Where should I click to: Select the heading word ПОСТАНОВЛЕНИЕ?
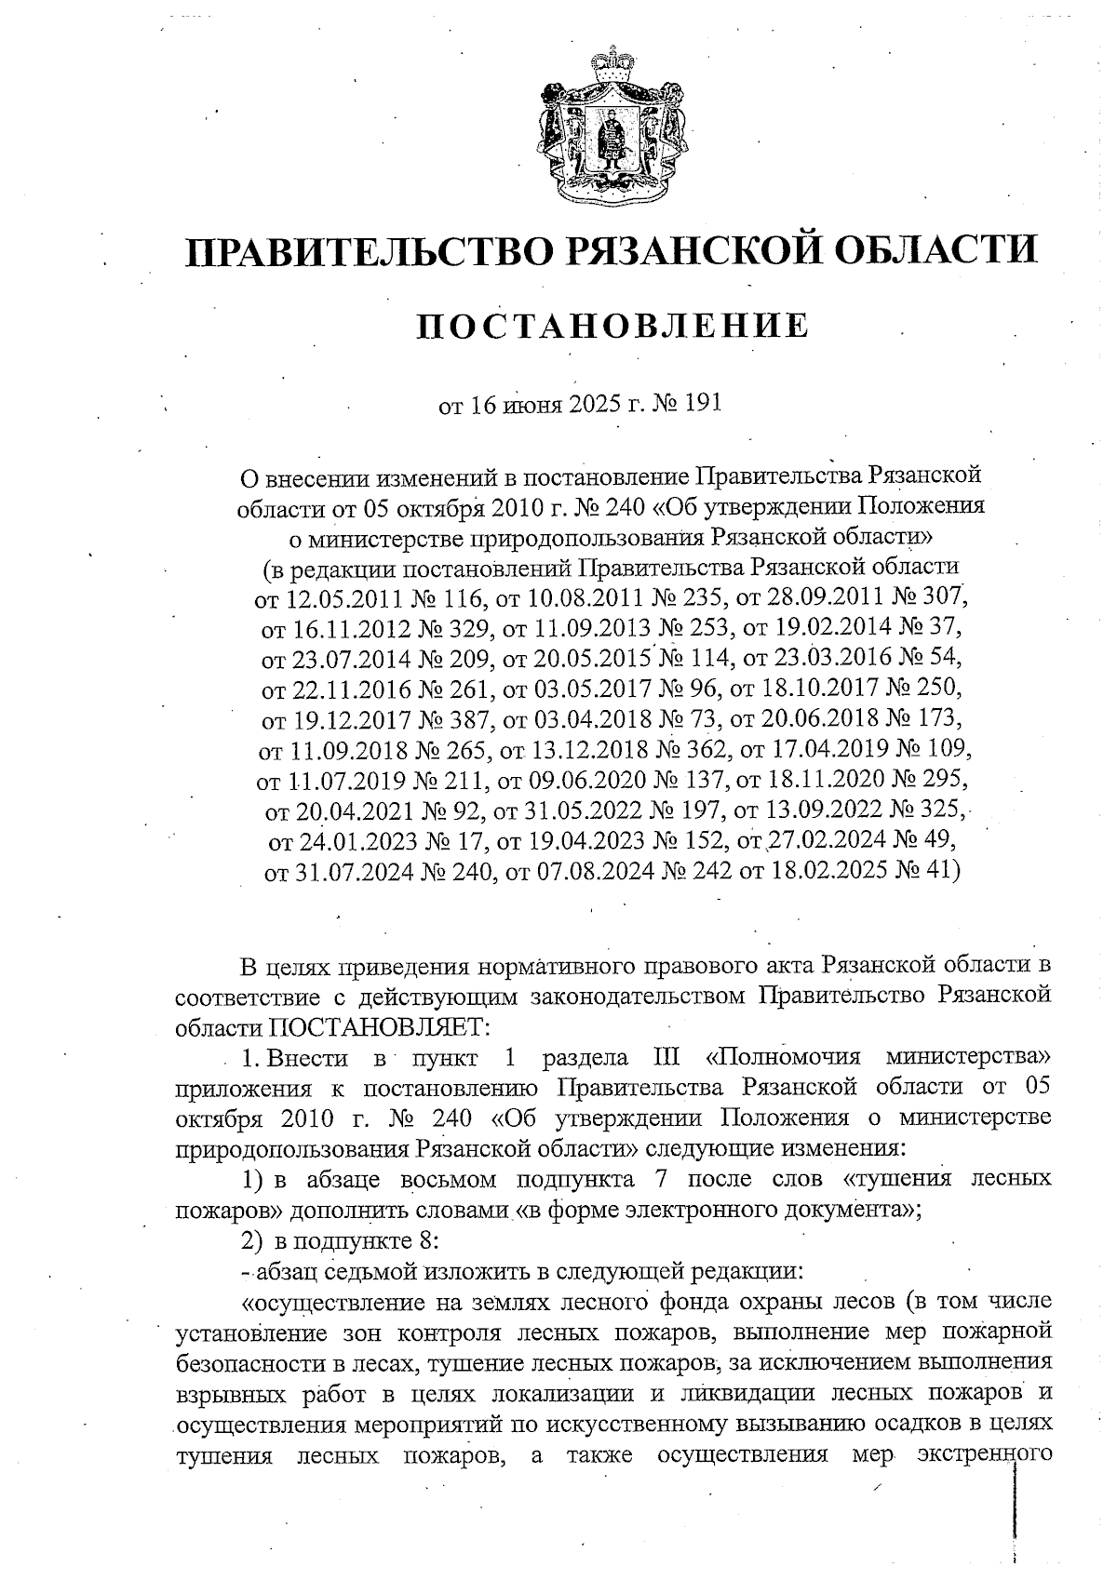pos(610,327)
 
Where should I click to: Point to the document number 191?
pos(703,404)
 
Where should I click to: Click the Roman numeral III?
pos(658,1058)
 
